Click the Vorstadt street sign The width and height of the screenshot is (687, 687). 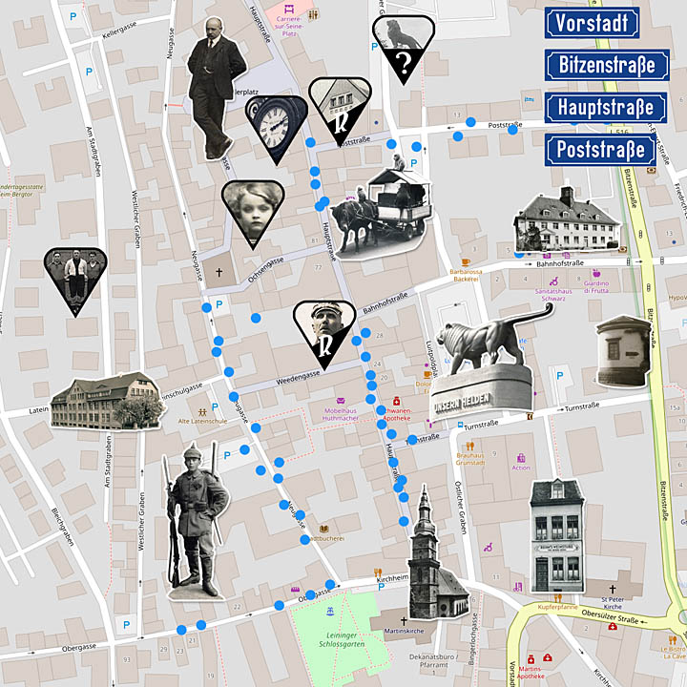pos(592,21)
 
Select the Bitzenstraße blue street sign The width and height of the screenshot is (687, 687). pos(606,65)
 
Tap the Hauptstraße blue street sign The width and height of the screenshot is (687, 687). pos(606,107)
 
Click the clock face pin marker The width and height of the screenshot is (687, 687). pos(276,126)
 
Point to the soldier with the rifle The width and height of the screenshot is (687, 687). pos(196,520)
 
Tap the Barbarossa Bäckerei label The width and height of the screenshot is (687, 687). pos(475,276)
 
